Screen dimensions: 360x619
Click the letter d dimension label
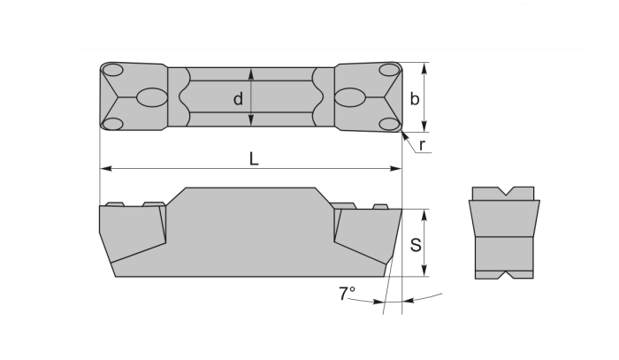tap(238, 99)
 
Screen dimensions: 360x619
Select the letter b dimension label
tap(415, 99)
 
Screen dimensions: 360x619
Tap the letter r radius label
tap(423, 144)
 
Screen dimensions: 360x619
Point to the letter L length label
tap(254, 158)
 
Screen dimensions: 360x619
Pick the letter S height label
tap(416, 245)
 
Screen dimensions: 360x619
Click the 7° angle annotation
tap(347, 293)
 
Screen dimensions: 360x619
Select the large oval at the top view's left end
tap(151, 97)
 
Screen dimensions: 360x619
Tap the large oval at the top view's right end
tap(352, 97)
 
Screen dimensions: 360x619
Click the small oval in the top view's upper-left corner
tap(112, 70)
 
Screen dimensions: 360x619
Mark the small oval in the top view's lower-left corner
tap(112, 124)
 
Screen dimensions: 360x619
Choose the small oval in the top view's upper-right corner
tap(389, 70)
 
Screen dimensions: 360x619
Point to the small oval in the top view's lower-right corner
tap(389, 124)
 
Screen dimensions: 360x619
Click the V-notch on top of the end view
tap(503, 192)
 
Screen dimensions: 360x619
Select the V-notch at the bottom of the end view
tap(503, 274)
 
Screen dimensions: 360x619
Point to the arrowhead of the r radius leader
tap(403, 133)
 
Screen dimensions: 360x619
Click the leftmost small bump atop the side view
tap(114, 205)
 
